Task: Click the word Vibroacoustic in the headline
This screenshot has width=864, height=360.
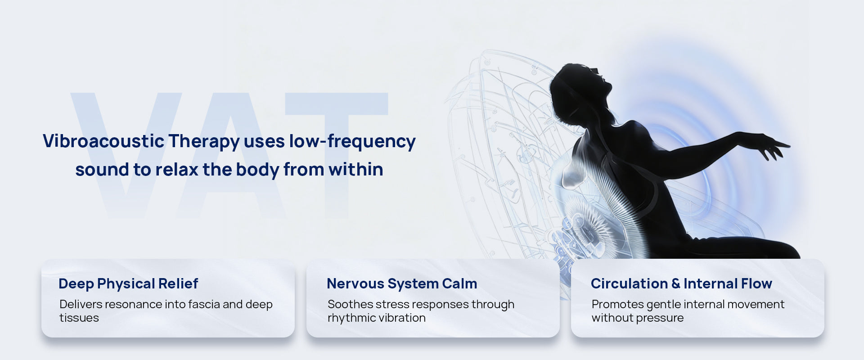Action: click(x=103, y=141)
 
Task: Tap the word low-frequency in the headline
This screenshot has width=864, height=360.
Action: click(x=352, y=141)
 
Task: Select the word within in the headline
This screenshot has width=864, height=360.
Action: click(x=356, y=169)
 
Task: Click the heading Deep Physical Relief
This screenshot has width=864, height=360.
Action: click(x=128, y=284)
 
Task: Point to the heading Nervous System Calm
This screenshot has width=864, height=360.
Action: click(x=402, y=283)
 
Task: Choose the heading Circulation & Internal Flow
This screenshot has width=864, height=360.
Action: click(x=681, y=283)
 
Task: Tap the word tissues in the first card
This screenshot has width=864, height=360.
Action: click(x=79, y=318)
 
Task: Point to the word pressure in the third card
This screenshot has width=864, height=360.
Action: click(x=662, y=318)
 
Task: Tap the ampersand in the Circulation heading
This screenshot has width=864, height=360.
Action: click(x=675, y=284)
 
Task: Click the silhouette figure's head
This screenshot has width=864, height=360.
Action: click(x=580, y=90)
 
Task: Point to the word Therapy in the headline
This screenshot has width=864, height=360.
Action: click(x=204, y=142)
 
